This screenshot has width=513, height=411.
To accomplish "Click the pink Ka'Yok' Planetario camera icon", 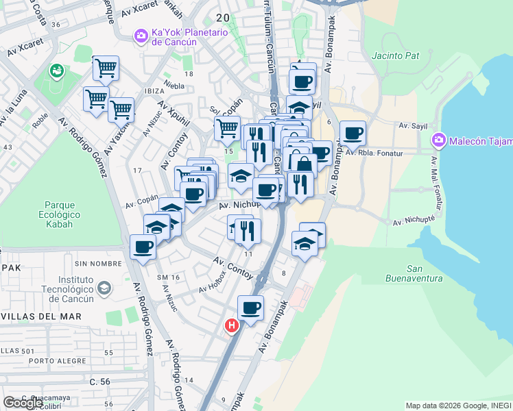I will [x=141, y=35].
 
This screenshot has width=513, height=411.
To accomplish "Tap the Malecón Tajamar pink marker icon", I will [x=439, y=141].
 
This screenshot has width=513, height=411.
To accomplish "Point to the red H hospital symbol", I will [x=232, y=326].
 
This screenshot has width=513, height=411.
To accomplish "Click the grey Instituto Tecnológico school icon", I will [x=104, y=288].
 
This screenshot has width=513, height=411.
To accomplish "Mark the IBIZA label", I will [x=154, y=91].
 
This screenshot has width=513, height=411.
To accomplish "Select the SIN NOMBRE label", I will [x=93, y=263].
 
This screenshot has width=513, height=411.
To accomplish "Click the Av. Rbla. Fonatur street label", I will [x=372, y=153].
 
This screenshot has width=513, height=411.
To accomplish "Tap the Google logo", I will [x=23, y=403].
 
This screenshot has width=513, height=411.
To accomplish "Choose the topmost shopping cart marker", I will [x=106, y=67].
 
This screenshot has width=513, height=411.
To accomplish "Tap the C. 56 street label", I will [x=99, y=381].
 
